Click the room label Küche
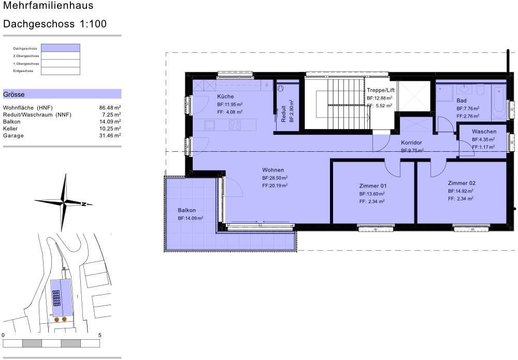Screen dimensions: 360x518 pos(225,97)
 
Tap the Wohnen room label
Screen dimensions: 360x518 pos(273,170)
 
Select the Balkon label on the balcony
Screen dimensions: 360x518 pos(186,210)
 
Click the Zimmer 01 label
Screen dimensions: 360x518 pos(372,186)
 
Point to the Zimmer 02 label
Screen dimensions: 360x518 pos(462,183)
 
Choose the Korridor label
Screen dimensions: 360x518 pos(412,142)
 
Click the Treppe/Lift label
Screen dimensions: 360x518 pos(381,90)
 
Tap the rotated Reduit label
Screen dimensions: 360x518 pos(284,114)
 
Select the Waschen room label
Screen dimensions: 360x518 pos(484,132)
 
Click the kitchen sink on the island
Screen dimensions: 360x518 pos(210,125)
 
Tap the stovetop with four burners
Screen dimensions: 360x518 pos(235,125)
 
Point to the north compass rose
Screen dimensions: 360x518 pos(64,202)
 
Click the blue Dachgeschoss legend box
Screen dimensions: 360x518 pos(61,48)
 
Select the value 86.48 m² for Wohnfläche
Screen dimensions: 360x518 pos(110,108)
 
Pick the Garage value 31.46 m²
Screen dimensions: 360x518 pos(110,135)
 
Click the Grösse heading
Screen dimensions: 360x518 pos(14,95)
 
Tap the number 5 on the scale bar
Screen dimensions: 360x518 pos(99,335)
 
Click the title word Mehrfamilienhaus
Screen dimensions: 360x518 pos(41,6)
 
